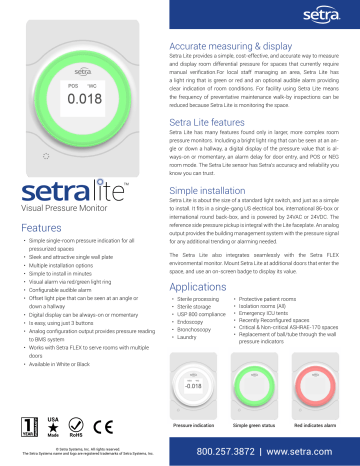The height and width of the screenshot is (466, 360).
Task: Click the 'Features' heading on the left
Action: (x=36, y=229)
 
